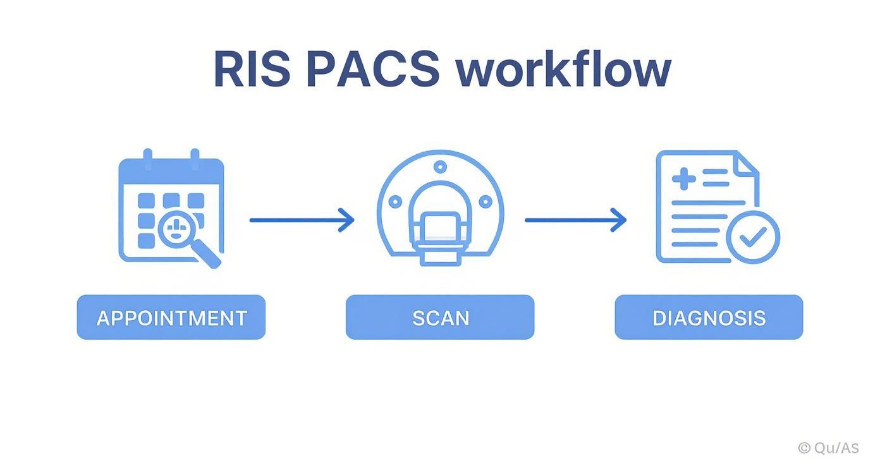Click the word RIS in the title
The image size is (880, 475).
click(x=251, y=69)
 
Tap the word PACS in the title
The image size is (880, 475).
click(x=372, y=69)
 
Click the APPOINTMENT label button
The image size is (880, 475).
click(x=171, y=317)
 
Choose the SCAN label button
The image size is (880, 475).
click(x=440, y=317)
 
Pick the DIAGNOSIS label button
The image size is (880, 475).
click(x=709, y=317)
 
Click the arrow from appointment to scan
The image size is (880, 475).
click(x=302, y=220)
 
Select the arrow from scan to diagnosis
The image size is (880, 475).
click(x=575, y=220)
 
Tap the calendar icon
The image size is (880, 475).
click(x=158, y=202)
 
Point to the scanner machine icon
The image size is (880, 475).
click(x=440, y=208)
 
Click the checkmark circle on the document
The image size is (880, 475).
click(x=752, y=237)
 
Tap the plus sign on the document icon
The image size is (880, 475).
click(x=683, y=178)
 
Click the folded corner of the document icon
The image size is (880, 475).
click(x=747, y=162)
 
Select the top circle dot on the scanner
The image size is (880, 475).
click(x=440, y=167)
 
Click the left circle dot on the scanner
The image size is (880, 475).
click(x=395, y=202)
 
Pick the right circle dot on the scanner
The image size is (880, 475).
click(x=486, y=202)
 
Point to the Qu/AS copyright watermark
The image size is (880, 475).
click(x=828, y=448)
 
